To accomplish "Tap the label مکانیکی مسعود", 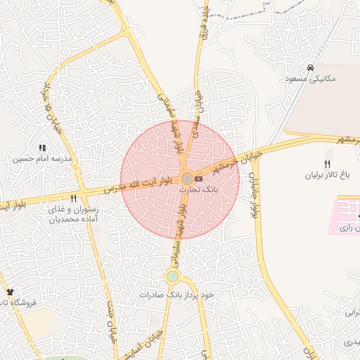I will pos(311,79).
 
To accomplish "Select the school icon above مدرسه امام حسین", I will pos(41,148).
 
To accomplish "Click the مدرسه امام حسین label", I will pos(37,159).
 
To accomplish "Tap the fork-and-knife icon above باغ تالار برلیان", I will pos(327,163).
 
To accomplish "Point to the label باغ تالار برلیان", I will pos(326,174).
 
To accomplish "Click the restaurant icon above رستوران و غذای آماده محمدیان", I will pos(73,199).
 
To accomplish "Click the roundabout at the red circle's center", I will pos(186,179).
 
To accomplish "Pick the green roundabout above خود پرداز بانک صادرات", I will pos(173,276).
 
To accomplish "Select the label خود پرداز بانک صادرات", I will pos(176,295).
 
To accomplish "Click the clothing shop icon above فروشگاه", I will pos(9,291).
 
